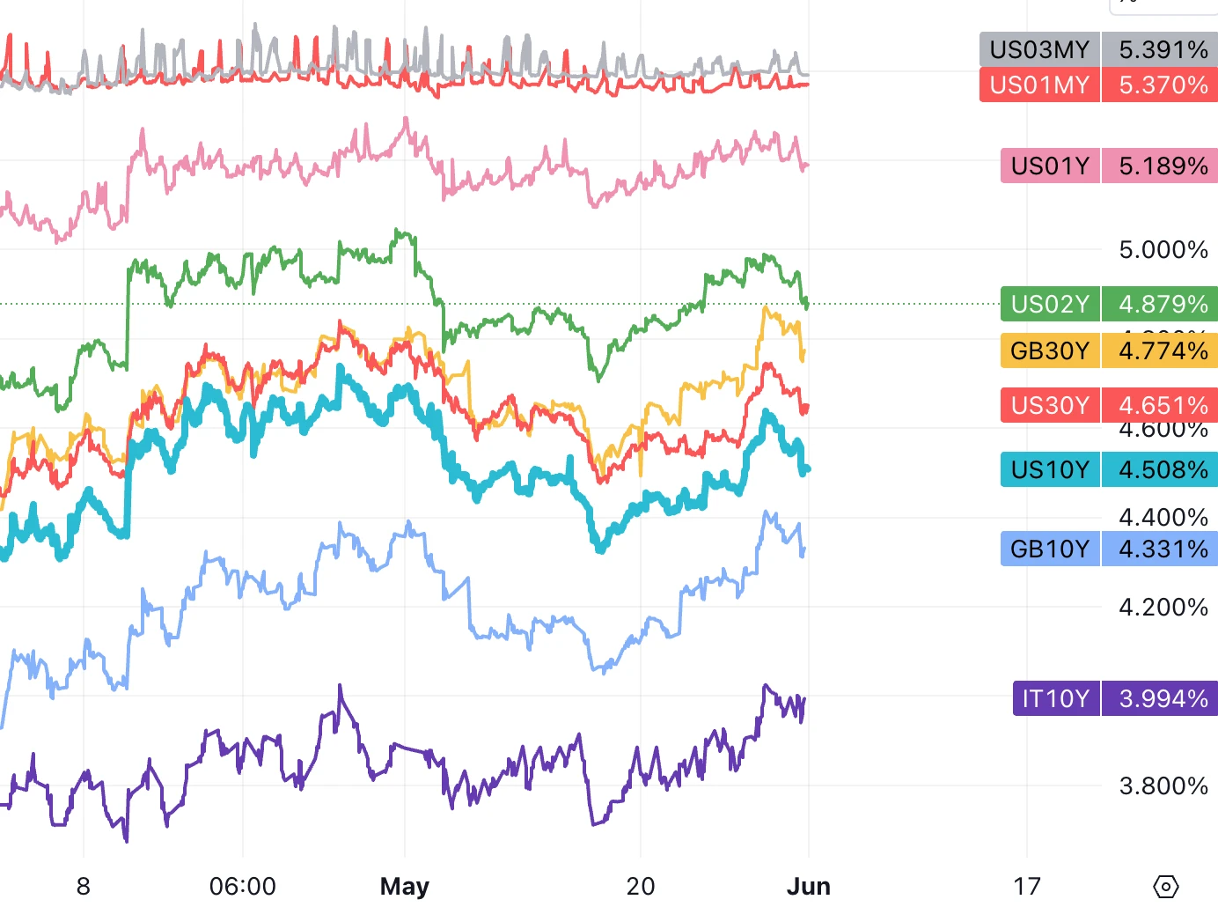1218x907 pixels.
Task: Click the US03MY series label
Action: [x=1039, y=49]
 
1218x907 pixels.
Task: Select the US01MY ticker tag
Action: [x=1039, y=85]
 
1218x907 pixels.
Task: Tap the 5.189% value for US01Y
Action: [x=1163, y=166]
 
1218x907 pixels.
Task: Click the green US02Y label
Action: [x=1050, y=304]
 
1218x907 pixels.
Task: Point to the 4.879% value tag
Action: [x=1163, y=304]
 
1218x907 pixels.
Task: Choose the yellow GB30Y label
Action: [x=1050, y=350]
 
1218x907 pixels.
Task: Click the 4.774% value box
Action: [x=1163, y=350]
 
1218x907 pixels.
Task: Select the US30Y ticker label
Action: [x=1050, y=405]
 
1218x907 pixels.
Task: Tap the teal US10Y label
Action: [x=1050, y=469]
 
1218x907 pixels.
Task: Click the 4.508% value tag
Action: [x=1163, y=469]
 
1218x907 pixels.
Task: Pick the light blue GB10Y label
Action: [x=1050, y=549]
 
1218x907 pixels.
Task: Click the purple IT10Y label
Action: [x=1056, y=698]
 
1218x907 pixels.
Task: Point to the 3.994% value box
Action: [x=1163, y=698]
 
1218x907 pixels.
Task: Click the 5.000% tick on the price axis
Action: [x=1163, y=250]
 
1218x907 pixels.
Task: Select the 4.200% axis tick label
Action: [x=1163, y=607]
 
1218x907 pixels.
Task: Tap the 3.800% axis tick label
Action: [x=1163, y=785]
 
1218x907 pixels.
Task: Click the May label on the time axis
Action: [x=404, y=886]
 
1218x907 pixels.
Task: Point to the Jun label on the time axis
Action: [x=808, y=886]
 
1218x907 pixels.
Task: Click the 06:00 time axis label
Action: [x=242, y=886]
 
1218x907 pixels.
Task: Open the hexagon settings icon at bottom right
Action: [x=1165, y=886]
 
